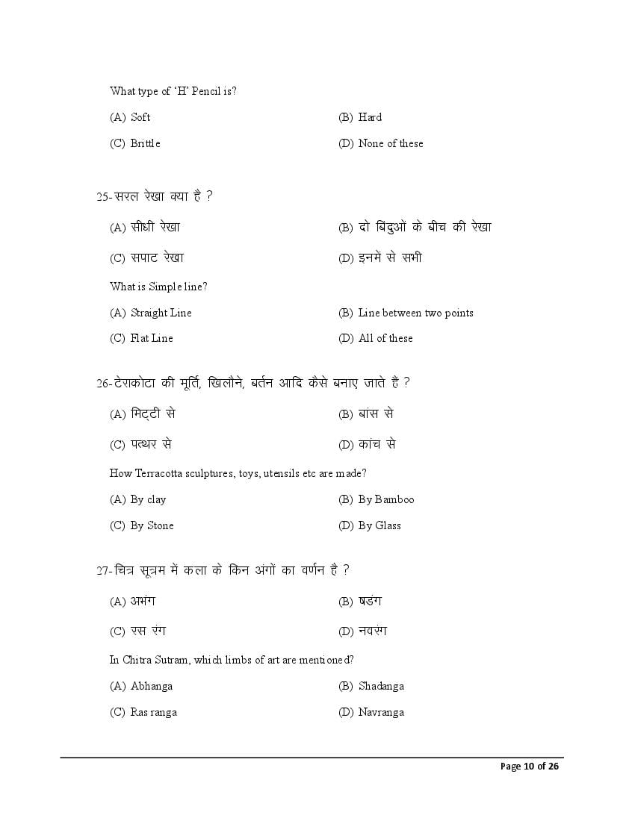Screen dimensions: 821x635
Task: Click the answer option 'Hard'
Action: coord(370,117)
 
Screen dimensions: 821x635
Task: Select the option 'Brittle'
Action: coord(145,143)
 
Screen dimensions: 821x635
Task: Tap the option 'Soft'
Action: coord(140,117)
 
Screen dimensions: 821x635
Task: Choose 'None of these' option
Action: coord(390,143)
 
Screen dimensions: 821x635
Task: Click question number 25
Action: coord(103,197)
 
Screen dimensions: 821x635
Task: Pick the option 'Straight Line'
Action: coord(161,313)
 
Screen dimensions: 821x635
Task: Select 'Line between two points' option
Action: coord(415,313)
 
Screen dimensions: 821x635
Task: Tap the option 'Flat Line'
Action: coord(152,338)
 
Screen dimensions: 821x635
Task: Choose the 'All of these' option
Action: coord(385,338)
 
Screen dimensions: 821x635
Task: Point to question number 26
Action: coord(103,384)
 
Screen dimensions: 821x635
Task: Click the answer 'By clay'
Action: coord(148,499)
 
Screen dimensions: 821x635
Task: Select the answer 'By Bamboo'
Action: coord(385,499)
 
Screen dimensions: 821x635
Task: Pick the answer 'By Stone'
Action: coord(152,525)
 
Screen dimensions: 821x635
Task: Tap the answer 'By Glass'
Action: coord(380,525)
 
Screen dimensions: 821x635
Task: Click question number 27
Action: coord(103,571)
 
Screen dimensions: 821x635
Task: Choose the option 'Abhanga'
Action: coord(152,686)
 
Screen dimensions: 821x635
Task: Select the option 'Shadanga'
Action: coord(381,686)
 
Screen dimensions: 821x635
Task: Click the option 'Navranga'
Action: coord(381,712)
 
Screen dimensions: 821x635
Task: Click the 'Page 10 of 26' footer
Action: coord(530,767)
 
